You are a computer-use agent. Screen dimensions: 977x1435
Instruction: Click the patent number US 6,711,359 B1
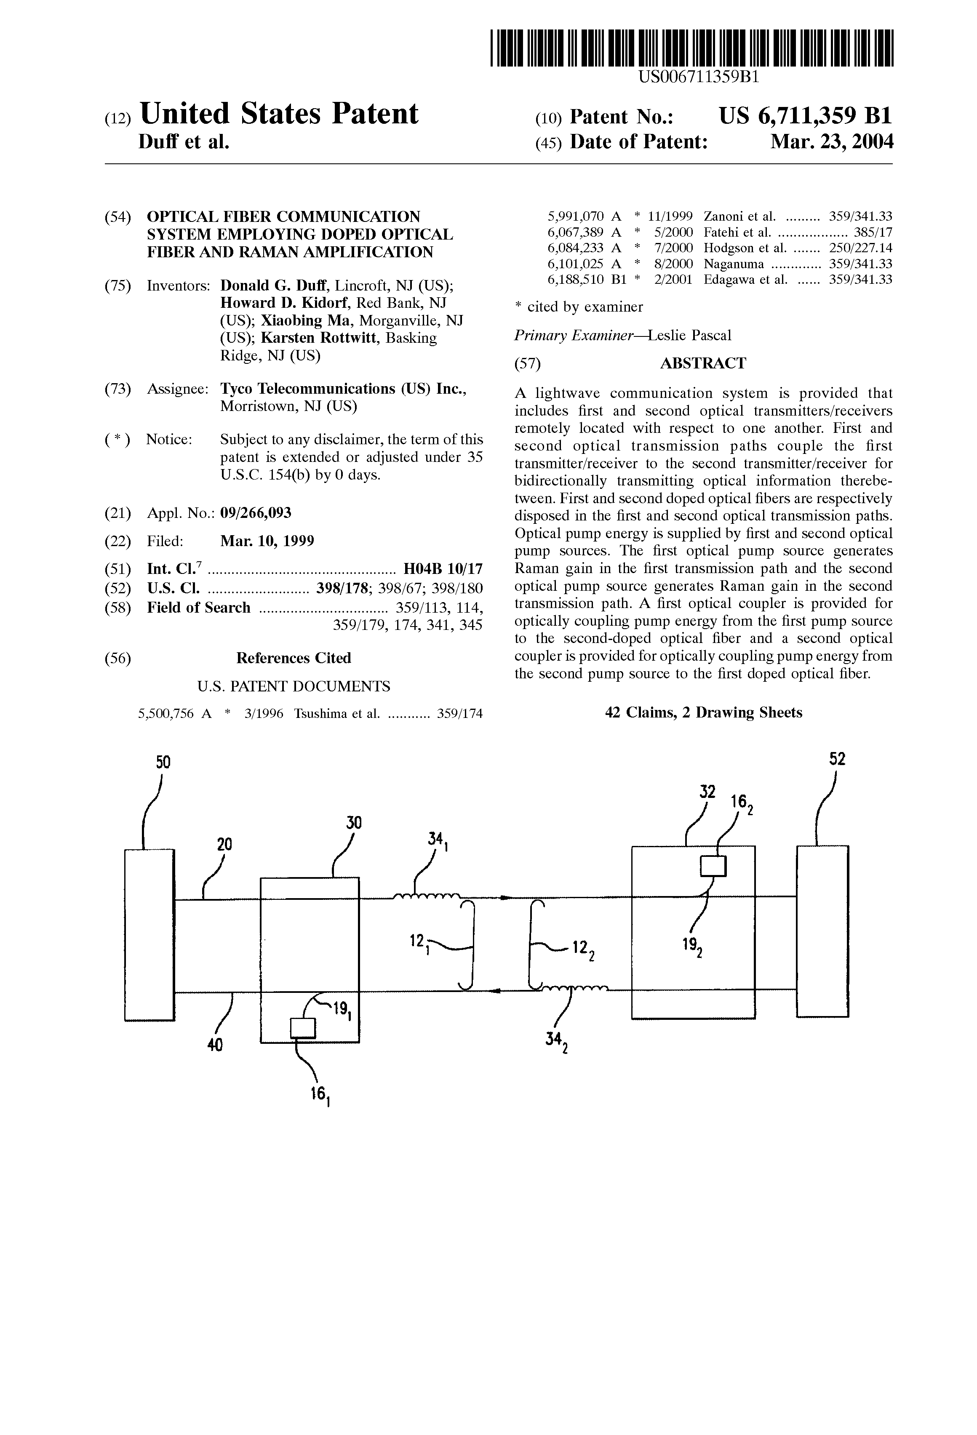click(806, 116)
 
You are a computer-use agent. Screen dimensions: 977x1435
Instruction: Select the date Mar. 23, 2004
click(832, 143)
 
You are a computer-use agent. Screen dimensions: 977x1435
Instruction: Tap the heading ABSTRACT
click(703, 363)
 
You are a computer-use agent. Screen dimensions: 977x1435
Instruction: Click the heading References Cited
click(294, 658)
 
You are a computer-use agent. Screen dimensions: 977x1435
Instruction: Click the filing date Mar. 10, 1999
click(267, 541)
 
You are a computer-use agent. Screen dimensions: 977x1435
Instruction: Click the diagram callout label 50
click(163, 762)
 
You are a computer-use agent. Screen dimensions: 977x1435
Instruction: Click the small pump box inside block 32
click(713, 866)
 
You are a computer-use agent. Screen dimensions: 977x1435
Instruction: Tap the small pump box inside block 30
click(303, 1028)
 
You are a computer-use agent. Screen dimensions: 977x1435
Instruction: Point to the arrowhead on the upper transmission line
click(505, 896)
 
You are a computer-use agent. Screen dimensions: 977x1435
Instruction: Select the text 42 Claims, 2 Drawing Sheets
click(703, 712)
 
